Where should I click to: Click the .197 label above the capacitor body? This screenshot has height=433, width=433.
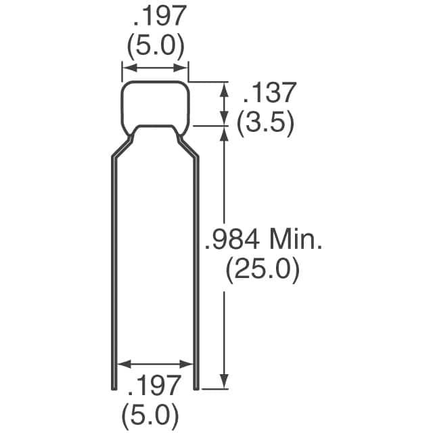point(159,16)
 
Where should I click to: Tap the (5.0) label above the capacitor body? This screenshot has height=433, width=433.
point(156,45)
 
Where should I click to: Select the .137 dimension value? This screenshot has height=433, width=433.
point(269,93)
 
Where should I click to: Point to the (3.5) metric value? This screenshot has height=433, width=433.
point(265,122)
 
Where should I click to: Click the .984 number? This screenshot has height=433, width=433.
point(232,239)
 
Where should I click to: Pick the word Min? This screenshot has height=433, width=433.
point(296,239)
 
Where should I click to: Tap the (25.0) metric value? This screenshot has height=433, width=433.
point(263,269)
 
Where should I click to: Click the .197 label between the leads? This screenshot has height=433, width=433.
point(154,386)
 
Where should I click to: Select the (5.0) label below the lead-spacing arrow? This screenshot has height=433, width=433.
point(150,415)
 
